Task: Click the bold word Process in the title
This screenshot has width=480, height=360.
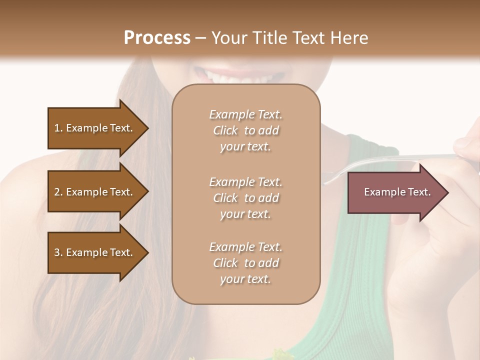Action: [157, 37]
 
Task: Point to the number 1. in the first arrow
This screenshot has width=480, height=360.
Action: [58, 128]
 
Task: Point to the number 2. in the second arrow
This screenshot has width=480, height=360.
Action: [58, 192]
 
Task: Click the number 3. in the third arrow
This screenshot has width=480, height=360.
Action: [58, 252]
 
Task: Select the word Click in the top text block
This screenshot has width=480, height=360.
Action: [225, 131]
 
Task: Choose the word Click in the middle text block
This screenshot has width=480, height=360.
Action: [225, 198]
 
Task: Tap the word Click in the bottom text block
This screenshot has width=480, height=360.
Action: [225, 263]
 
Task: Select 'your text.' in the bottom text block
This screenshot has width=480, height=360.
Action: [245, 279]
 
